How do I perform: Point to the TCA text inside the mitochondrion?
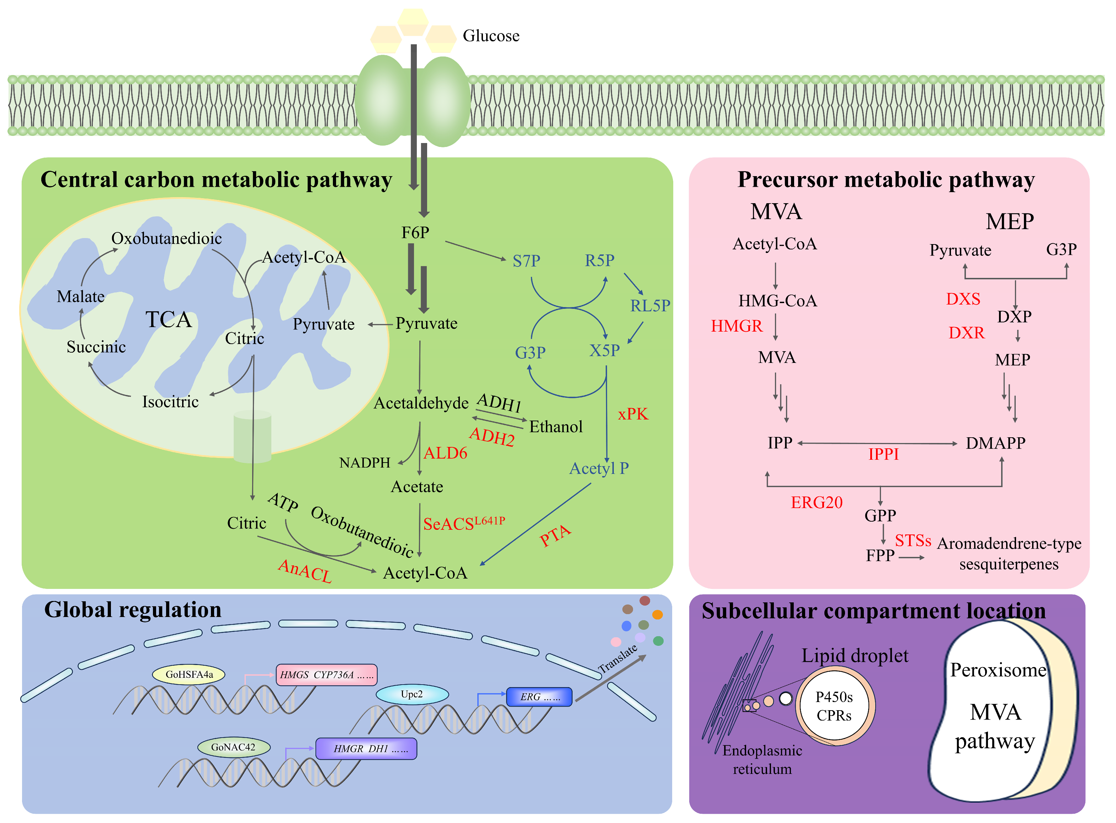click(168, 319)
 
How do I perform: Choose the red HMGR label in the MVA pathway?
click(736, 326)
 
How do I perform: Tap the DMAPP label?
click(995, 443)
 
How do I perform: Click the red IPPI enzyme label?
click(883, 454)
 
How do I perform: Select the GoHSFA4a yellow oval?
click(189, 675)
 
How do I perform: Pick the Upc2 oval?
click(412, 694)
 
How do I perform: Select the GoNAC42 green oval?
click(233, 747)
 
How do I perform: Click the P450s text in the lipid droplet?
click(834, 696)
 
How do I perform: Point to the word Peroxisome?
click(998, 670)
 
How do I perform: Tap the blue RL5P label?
click(649, 305)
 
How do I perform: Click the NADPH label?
click(365, 463)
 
